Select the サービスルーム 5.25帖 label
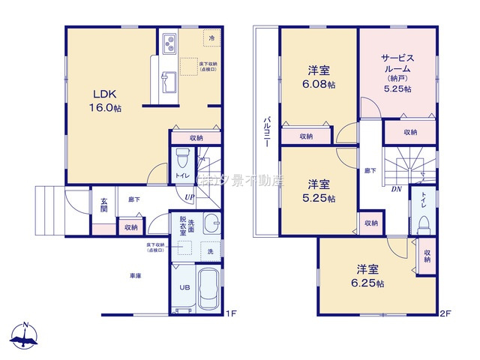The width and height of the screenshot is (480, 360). point(397,72)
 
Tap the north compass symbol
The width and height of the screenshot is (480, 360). point(25,336)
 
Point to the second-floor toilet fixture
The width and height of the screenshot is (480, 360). point(424,223)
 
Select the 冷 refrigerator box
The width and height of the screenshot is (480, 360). point(211,38)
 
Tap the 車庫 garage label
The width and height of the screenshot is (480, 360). point(135,276)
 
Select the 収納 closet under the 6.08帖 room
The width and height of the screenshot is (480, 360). point(306,136)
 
